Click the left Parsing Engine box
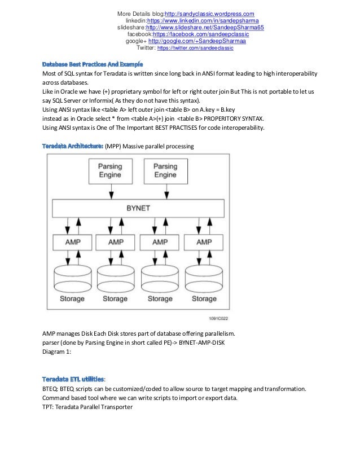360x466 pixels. [x=109, y=170]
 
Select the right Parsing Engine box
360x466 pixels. [x=165, y=170]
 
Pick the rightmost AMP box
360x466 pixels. [x=204, y=241]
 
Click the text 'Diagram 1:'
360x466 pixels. [x=58, y=352]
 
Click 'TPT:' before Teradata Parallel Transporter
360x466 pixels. [x=49, y=407]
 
